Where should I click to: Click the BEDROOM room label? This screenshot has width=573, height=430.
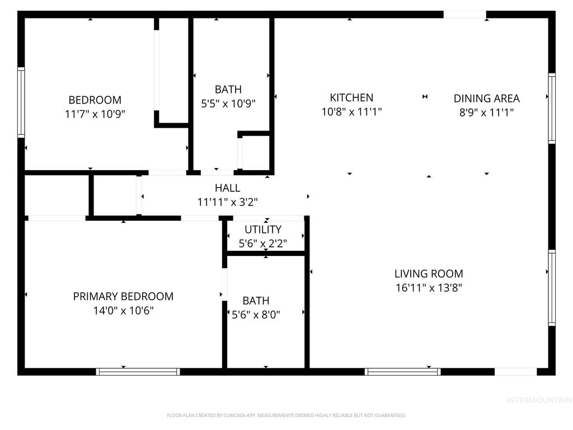95,100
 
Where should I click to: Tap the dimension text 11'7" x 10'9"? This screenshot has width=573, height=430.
95,114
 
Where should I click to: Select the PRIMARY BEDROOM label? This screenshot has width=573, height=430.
123,296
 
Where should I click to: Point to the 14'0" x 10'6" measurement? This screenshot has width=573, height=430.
123,310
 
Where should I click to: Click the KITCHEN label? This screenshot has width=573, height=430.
351,98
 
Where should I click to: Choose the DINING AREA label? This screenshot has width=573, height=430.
486,99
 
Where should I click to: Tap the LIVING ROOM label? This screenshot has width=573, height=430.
429,274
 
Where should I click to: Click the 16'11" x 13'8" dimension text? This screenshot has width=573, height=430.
429,288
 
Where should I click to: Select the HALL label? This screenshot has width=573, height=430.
227,188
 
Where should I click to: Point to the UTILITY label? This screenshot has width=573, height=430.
263,230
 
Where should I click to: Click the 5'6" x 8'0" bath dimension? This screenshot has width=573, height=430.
256,315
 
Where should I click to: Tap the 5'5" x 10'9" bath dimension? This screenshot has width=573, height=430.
228,103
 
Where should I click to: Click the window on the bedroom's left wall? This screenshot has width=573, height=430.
21,102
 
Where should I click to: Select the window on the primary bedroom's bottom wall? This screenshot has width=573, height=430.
138,371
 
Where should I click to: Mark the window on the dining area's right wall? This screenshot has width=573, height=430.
552,109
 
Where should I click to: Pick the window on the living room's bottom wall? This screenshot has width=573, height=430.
402,371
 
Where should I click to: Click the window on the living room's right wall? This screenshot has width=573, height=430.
552,288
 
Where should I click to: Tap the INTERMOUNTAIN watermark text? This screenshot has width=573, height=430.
538,400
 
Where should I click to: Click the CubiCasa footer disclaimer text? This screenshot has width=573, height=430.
286,415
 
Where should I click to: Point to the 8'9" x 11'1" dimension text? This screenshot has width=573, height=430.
486,112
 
